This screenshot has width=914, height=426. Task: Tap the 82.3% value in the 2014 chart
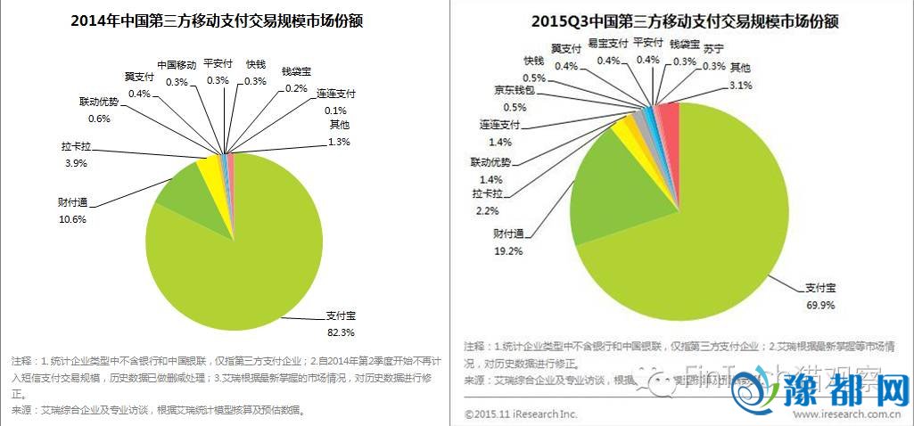click(342, 332)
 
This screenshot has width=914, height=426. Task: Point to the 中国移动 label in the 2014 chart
click(177, 65)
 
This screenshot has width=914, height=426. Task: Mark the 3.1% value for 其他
click(741, 86)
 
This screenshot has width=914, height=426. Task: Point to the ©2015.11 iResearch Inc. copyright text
click(522, 414)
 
